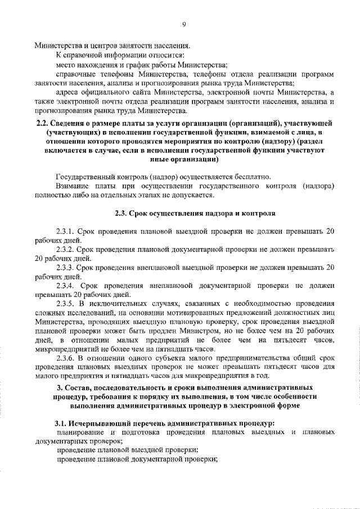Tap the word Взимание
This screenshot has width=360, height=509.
click(x=73, y=186)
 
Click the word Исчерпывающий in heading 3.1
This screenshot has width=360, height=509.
click(x=103, y=423)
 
